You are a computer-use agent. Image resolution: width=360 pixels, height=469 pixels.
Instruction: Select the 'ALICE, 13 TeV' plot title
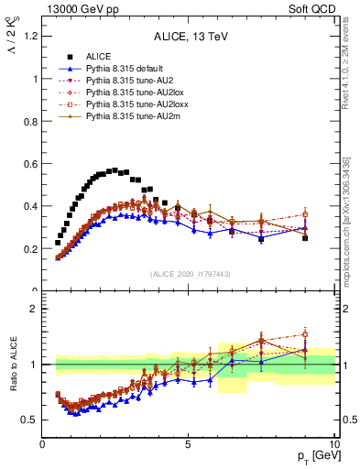click(188, 38)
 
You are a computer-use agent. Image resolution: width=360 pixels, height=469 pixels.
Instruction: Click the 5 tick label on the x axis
click(188, 444)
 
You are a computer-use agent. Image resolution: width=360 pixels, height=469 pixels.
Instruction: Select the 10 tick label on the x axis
click(333, 444)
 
